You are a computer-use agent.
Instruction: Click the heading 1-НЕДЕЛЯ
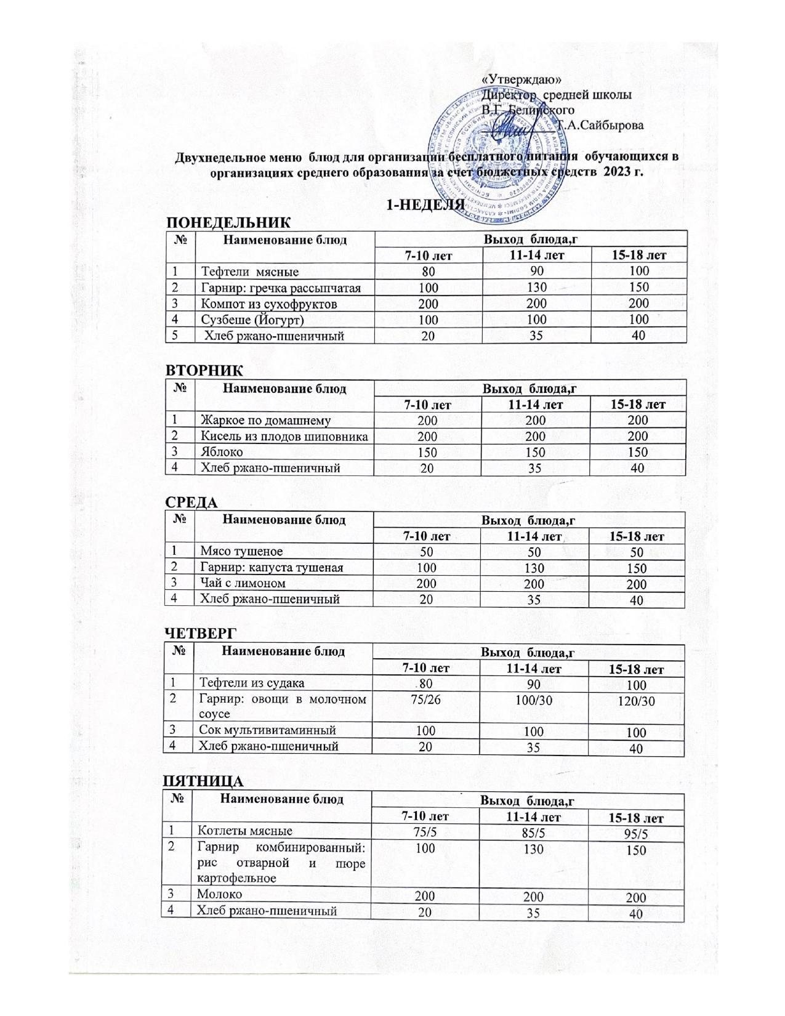pyautogui.click(x=424, y=205)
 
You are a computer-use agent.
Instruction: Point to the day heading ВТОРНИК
pyautogui.click(x=204, y=371)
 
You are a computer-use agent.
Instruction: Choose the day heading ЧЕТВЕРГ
pyautogui.click(x=200, y=633)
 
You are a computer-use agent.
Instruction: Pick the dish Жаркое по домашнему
pyautogui.click(x=266, y=421)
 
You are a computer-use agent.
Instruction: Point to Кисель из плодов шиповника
pyautogui.click(x=284, y=437)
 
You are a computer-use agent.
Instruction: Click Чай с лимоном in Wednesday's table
pyautogui.click(x=243, y=583)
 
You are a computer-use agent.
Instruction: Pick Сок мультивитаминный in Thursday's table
pyautogui.click(x=267, y=730)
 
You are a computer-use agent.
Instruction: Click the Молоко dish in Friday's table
pyautogui.click(x=219, y=893)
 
